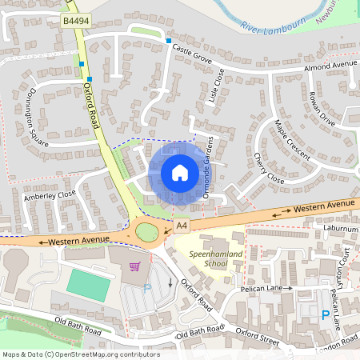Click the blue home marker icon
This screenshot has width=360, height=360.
click(179, 173)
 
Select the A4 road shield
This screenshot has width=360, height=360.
click(182, 226)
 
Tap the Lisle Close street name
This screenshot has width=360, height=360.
click(214, 86)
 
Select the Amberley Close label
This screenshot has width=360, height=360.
click(50, 194)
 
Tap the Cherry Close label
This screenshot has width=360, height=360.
click(268, 167)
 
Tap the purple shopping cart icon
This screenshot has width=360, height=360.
click(135, 266)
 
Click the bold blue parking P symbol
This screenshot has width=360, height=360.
click(325, 315)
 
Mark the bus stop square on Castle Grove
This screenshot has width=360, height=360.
click(168, 40)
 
